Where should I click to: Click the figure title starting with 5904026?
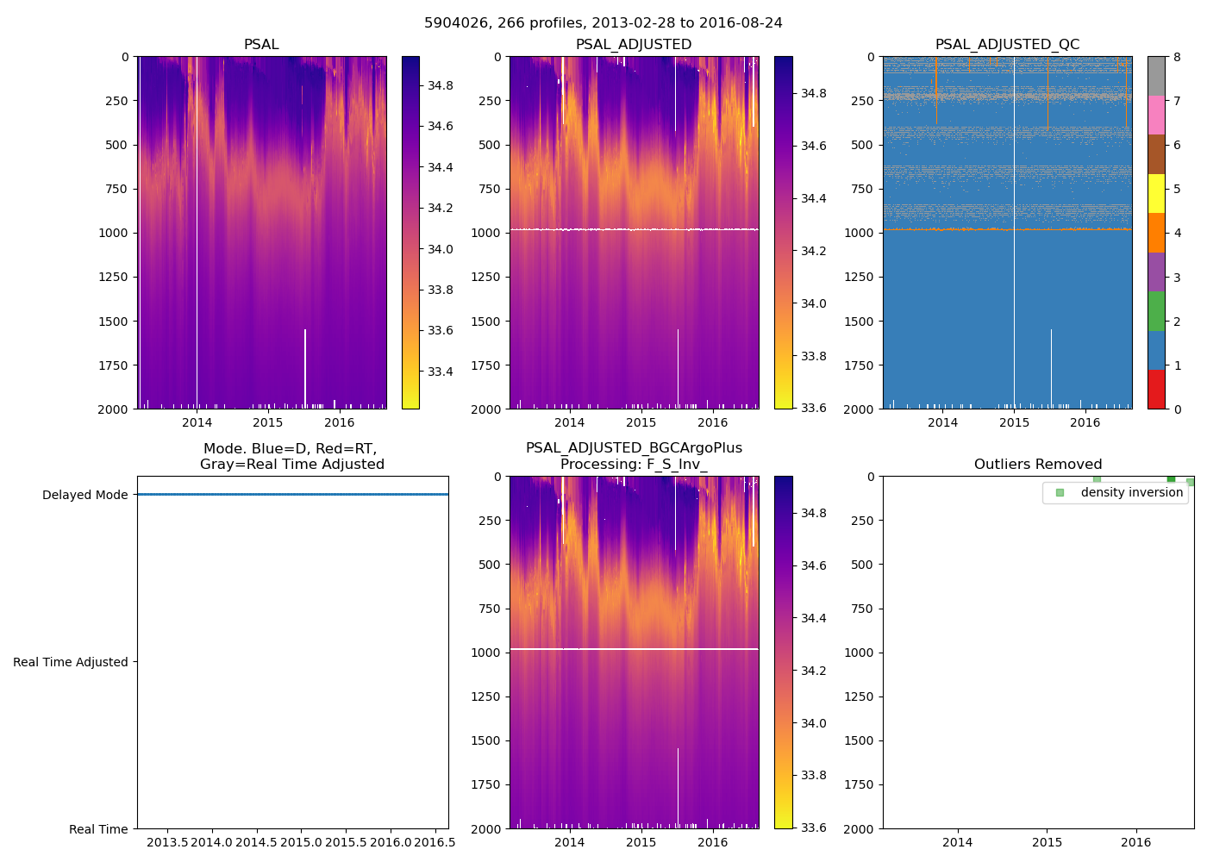pyautogui.click(x=603, y=23)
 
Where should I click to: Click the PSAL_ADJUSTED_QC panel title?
pyautogui.click(x=1007, y=45)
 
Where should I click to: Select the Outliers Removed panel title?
pyautogui.click(x=1038, y=465)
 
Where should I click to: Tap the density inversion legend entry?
pyautogui.click(x=1131, y=493)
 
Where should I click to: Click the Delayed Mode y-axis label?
pyautogui.click(x=84, y=495)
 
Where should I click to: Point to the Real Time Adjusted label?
pyautogui.click(x=71, y=662)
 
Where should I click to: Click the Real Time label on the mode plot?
pyautogui.click(x=98, y=829)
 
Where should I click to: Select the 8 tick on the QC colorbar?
pyautogui.click(x=1177, y=57)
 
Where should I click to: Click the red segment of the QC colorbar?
pyautogui.click(x=1156, y=389)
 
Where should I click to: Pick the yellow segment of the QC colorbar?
pyautogui.click(x=1156, y=193)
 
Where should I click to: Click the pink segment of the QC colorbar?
pyautogui.click(x=1156, y=115)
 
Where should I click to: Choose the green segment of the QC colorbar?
pyautogui.click(x=1156, y=310)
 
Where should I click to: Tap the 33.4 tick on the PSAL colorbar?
pyautogui.click(x=441, y=372)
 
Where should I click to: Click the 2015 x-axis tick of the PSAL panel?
pyautogui.click(x=268, y=422)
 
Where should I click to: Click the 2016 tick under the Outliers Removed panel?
pyautogui.click(x=1135, y=842)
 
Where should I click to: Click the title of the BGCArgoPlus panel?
pyautogui.click(x=634, y=456)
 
